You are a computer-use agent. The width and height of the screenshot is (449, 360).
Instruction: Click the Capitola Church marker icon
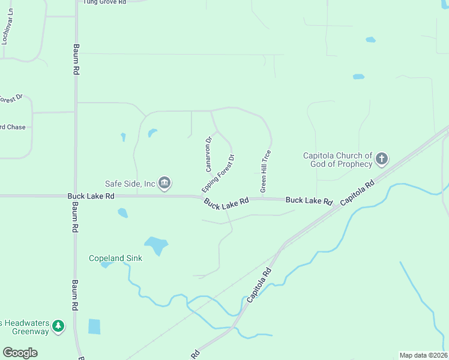[x=381, y=160]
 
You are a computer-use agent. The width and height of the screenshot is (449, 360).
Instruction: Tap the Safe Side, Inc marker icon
[x=165, y=183]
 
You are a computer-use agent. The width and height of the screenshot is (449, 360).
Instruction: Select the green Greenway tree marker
[x=58, y=326]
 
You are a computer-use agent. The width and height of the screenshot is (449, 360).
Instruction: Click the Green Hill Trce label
[x=265, y=171]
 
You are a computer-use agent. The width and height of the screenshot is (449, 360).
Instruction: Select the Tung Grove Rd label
[x=104, y=2]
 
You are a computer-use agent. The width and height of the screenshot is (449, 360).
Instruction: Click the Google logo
[x=20, y=353]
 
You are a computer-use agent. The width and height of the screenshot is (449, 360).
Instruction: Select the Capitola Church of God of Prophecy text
[x=338, y=160]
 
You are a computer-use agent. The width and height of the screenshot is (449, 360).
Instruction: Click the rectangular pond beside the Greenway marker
[x=94, y=326]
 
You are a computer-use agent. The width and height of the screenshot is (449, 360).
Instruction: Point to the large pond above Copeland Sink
[x=156, y=245]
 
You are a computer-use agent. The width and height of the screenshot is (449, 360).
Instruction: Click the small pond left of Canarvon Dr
[x=152, y=132]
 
